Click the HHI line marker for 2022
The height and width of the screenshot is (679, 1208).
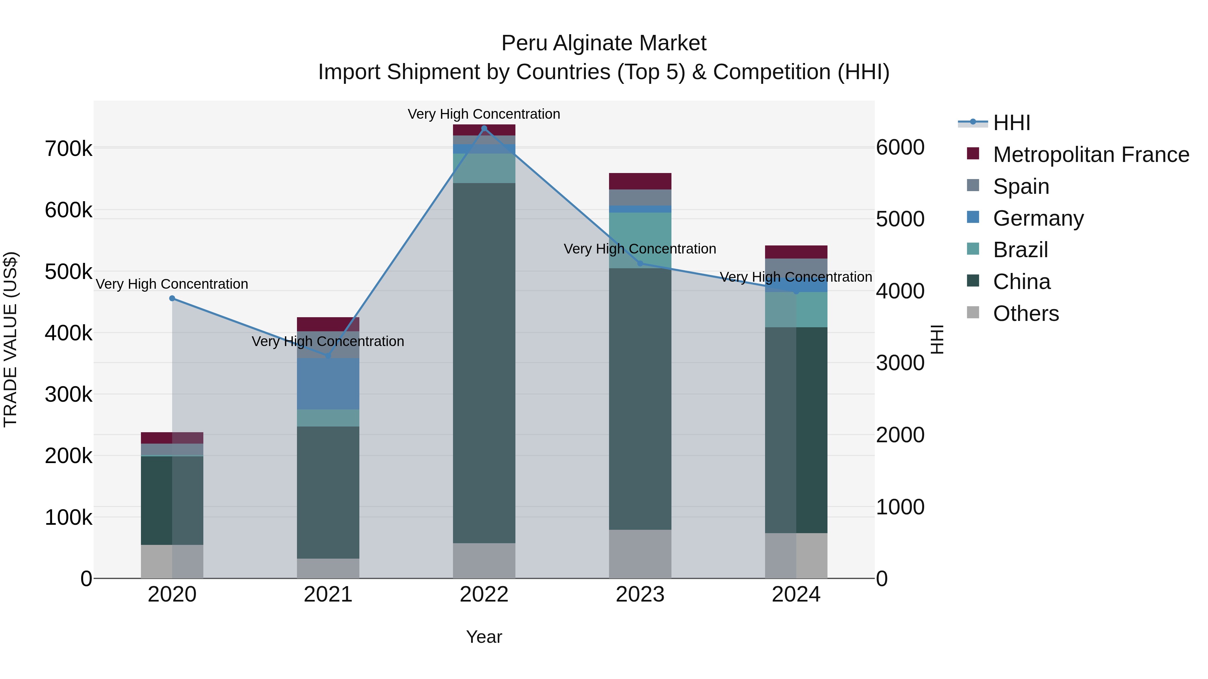(x=484, y=128)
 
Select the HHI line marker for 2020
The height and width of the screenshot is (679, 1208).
(x=172, y=298)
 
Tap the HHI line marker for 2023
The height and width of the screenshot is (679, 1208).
(x=640, y=263)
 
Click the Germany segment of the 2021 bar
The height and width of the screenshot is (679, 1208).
(x=328, y=384)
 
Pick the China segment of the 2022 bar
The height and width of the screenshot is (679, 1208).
(x=484, y=363)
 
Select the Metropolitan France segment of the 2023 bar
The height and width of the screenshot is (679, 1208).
(x=640, y=181)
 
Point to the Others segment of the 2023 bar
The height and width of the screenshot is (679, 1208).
(x=640, y=554)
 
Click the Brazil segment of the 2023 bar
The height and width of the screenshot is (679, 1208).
(x=640, y=240)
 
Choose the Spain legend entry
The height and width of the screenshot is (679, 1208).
(x=1020, y=186)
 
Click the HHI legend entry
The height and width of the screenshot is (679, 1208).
(x=1011, y=123)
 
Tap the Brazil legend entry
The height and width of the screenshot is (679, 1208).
(x=1020, y=250)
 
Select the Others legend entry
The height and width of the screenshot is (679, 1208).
(x=1025, y=314)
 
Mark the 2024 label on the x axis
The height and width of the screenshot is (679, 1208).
(x=796, y=595)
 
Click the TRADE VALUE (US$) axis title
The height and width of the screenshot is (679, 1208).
(x=10, y=339)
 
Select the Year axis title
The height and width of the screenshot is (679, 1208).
(x=484, y=637)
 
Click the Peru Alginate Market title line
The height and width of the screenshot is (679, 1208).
(x=604, y=43)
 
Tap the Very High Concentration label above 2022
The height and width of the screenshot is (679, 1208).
(x=484, y=114)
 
